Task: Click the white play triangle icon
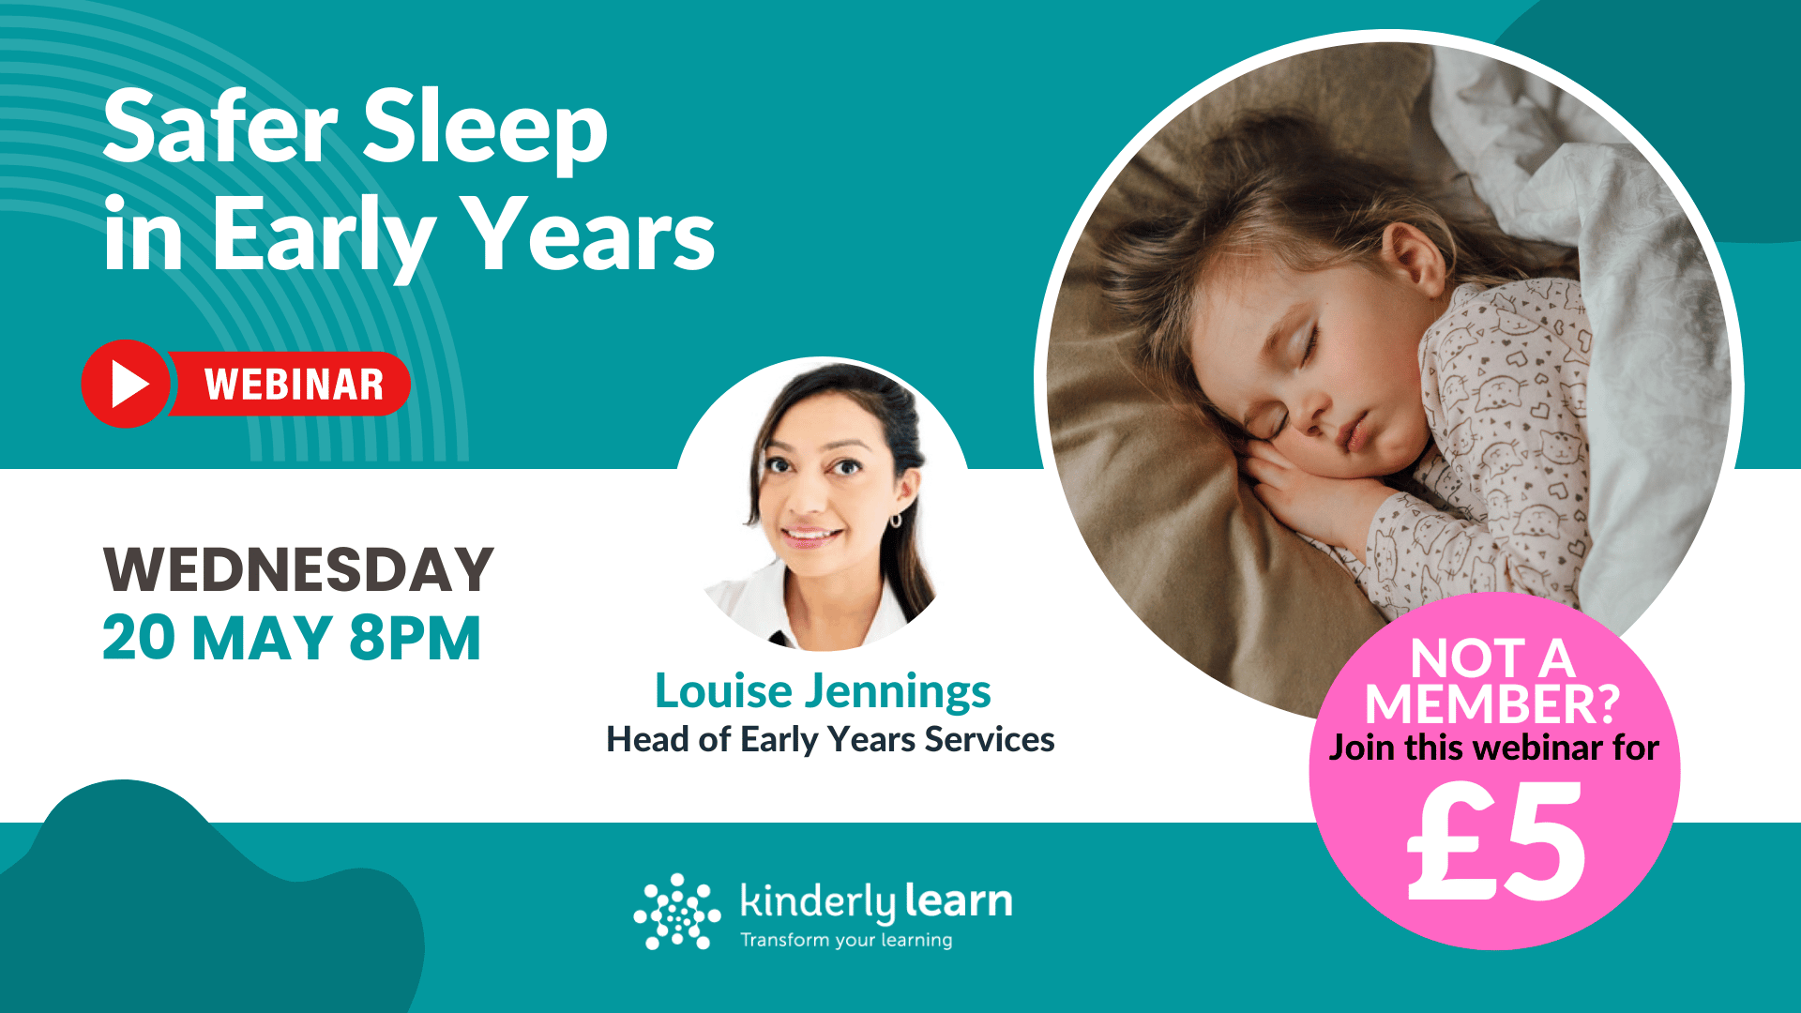coord(129,384)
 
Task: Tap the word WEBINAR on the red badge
coord(294,385)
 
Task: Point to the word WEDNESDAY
coord(298,569)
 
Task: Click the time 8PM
coord(415,639)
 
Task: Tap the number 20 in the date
coord(138,639)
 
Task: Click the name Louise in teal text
coord(723,691)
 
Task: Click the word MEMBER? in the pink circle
coord(1492,704)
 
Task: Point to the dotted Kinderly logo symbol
coord(676,911)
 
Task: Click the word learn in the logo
coord(959,901)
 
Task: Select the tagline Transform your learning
coord(846,940)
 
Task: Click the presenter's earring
coord(895,519)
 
